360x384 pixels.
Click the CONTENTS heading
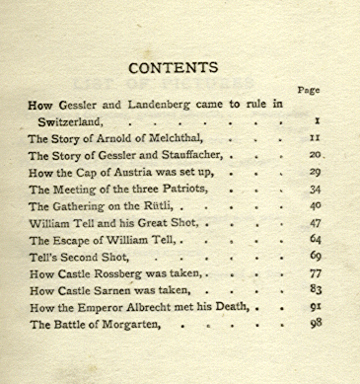point(174,68)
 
